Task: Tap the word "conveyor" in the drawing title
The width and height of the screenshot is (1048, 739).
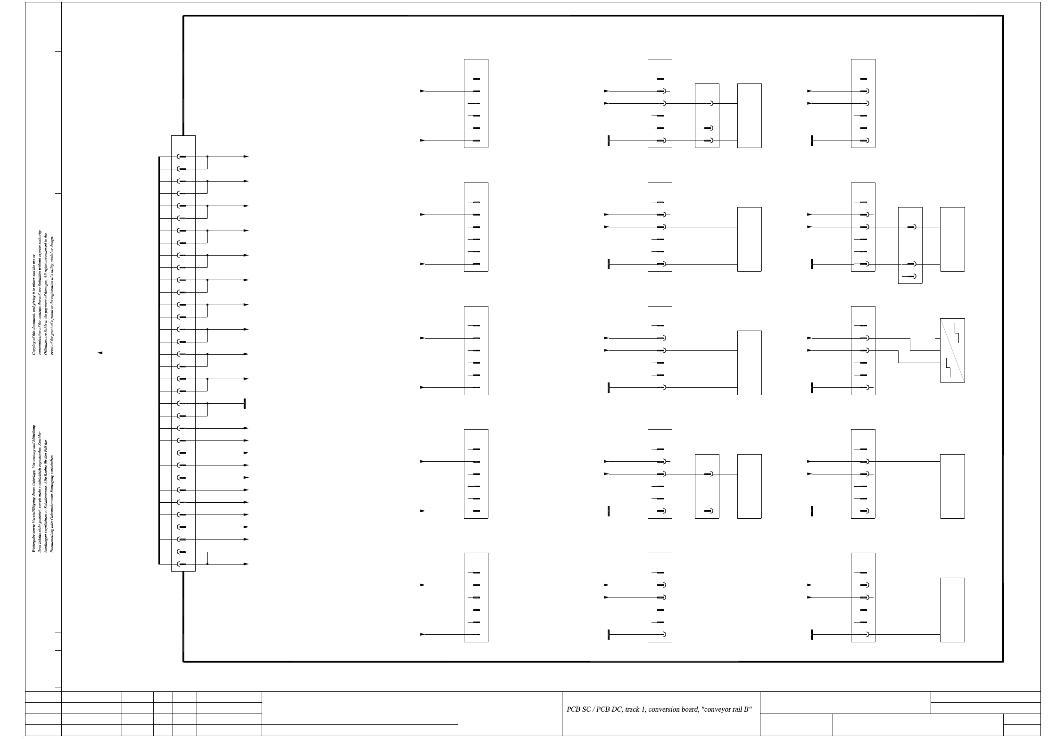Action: [716, 709]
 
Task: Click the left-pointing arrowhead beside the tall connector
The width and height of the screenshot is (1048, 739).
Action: [100, 353]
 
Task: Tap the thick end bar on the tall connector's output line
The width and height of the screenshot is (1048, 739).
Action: [244, 404]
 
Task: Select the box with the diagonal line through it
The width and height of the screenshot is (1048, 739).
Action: [952, 350]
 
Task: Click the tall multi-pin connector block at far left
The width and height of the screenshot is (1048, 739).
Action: [183, 353]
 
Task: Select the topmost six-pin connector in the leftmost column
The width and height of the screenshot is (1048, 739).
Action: [476, 103]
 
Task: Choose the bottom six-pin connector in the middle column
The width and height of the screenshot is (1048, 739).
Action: [660, 597]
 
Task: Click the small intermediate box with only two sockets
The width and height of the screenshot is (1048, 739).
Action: [707, 486]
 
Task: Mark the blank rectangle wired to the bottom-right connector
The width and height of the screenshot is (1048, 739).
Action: [952, 610]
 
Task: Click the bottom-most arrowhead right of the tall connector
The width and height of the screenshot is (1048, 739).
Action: [246, 564]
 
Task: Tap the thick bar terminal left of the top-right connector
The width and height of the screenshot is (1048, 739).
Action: [812, 141]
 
